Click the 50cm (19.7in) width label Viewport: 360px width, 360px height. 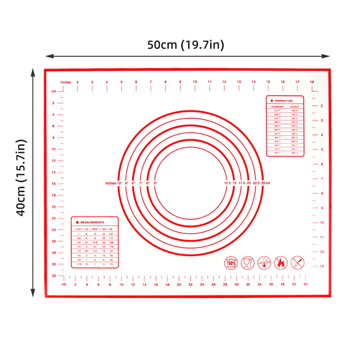[x=186, y=45]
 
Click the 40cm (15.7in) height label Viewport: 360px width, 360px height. [x=22, y=178]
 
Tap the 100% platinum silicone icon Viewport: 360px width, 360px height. [x=231, y=262]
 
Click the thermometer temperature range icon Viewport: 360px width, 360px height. [x=264, y=262]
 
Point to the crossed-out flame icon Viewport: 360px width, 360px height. [x=280, y=262]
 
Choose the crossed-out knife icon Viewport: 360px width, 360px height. [x=297, y=262]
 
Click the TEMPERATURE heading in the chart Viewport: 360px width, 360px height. [x=284, y=101]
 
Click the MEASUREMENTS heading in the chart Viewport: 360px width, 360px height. [x=92, y=222]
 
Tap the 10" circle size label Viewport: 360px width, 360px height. [x=120, y=184]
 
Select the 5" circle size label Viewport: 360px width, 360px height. [x=155, y=184]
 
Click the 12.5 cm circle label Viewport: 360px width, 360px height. [x=227, y=184]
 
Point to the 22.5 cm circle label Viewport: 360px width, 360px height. [x=257, y=184]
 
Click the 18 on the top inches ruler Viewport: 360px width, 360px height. [x=311, y=82]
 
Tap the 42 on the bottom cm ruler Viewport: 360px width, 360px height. [x=306, y=284]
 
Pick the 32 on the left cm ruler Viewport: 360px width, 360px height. [x=54, y=275]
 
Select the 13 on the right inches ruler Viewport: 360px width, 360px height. [x=321, y=266]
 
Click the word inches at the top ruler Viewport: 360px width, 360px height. [x=66, y=82]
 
